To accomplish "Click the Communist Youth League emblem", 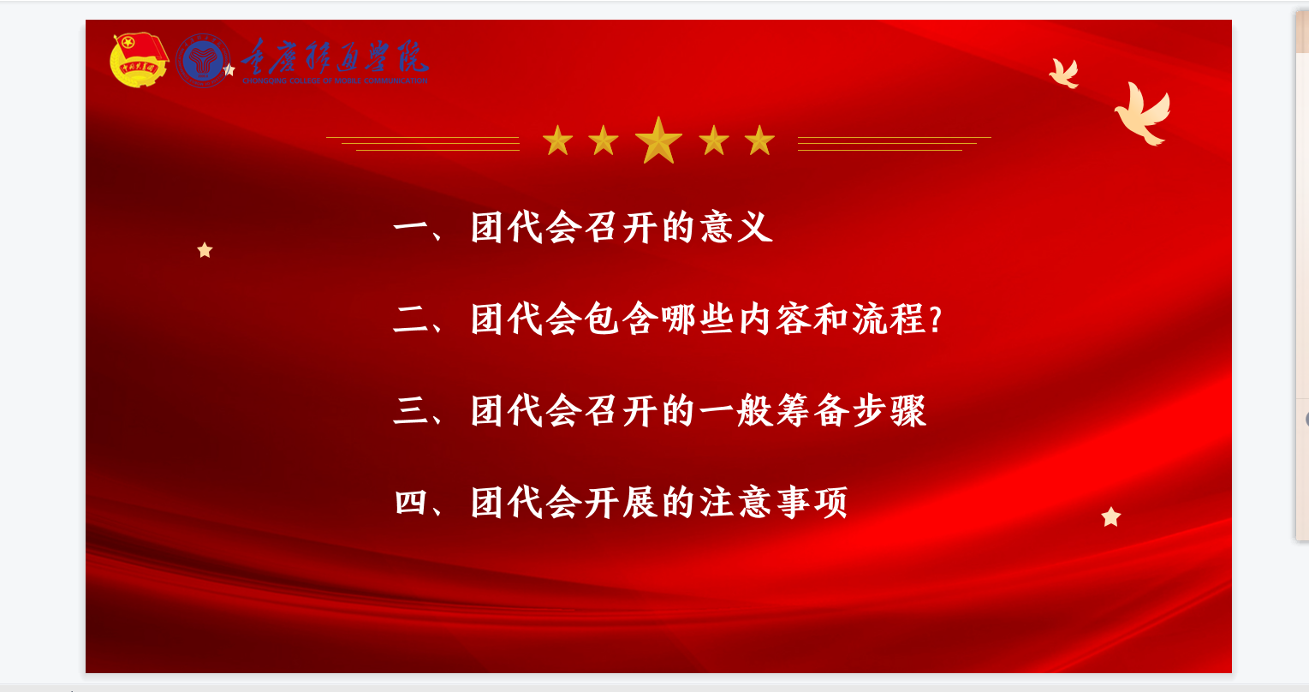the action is tap(139, 60).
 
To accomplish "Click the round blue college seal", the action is tap(202, 61).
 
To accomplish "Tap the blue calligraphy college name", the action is tap(335, 57).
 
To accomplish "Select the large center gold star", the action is tap(658, 140).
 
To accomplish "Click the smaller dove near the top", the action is tap(1063, 73).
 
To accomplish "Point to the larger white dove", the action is tap(1143, 114).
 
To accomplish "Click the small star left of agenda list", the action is tap(205, 250).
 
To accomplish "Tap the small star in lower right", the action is tap(1111, 516).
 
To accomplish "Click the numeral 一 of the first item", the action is tap(412, 227).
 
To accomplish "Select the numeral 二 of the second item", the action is tap(412, 319).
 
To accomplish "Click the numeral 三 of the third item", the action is tap(412, 410).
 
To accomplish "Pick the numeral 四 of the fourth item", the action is tap(411, 502).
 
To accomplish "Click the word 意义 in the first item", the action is tap(737, 227).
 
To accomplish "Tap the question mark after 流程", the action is tap(936, 319).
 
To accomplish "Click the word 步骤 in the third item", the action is tap(890, 410).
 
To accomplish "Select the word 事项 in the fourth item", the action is tap(812, 502).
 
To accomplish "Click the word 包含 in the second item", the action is tap(622, 319).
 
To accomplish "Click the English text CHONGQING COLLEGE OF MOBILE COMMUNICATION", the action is tap(335, 81).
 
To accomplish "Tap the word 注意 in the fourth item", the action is tap(736, 502).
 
